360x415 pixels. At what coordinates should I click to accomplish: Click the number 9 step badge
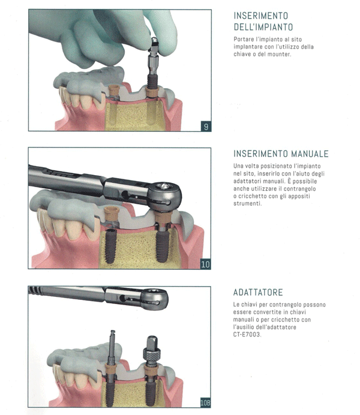pos(206,127)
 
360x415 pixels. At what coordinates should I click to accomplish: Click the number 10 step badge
pos(205,264)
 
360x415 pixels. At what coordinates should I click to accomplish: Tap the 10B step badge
pos(205,402)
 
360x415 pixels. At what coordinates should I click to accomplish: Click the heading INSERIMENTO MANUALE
pos(281,154)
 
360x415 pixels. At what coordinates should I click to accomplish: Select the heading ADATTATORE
pos(258,292)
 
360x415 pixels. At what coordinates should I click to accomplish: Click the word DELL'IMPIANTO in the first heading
pos(263,27)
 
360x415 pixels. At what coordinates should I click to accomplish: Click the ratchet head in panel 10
pos(164,196)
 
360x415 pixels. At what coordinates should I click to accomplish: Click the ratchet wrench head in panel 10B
pos(154,299)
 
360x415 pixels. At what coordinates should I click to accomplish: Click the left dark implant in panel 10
pos(110,246)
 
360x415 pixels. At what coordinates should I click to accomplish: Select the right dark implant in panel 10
pos(162,243)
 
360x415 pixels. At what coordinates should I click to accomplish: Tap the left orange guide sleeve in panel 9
pos(114,90)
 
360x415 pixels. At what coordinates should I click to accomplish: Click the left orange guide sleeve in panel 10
pos(112,213)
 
